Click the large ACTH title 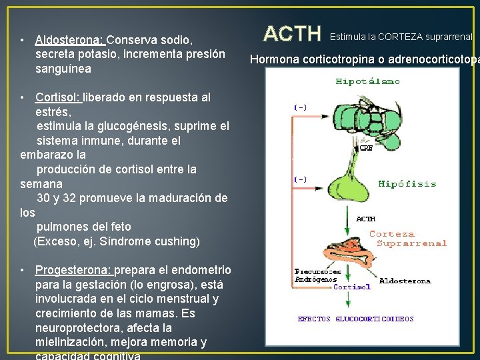tap(293, 34)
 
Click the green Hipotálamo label tap(367, 82)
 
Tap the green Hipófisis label tap(407, 184)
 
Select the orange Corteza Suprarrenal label tap(407, 239)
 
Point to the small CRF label tap(366, 149)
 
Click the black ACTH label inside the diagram tap(366, 219)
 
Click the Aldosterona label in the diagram tap(405, 281)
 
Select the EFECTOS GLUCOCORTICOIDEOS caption tap(355, 319)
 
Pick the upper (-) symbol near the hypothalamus tap(301, 107)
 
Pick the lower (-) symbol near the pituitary tap(301, 179)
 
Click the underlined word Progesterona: tap(74, 270)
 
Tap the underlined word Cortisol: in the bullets tap(58, 97)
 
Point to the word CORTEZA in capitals tap(403, 37)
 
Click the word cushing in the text tap(176, 241)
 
